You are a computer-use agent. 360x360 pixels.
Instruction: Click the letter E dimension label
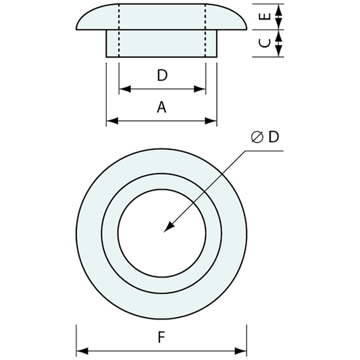click(264, 16)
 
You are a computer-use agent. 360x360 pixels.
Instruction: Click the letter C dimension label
click(264, 43)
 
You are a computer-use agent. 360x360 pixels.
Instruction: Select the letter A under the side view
click(161, 107)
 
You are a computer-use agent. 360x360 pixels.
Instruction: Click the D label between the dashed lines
click(161, 75)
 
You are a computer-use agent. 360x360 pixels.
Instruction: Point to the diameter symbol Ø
click(257, 137)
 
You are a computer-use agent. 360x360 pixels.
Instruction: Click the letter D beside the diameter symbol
click(273, 137)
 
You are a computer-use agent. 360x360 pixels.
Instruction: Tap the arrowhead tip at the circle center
click(164, 232)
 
